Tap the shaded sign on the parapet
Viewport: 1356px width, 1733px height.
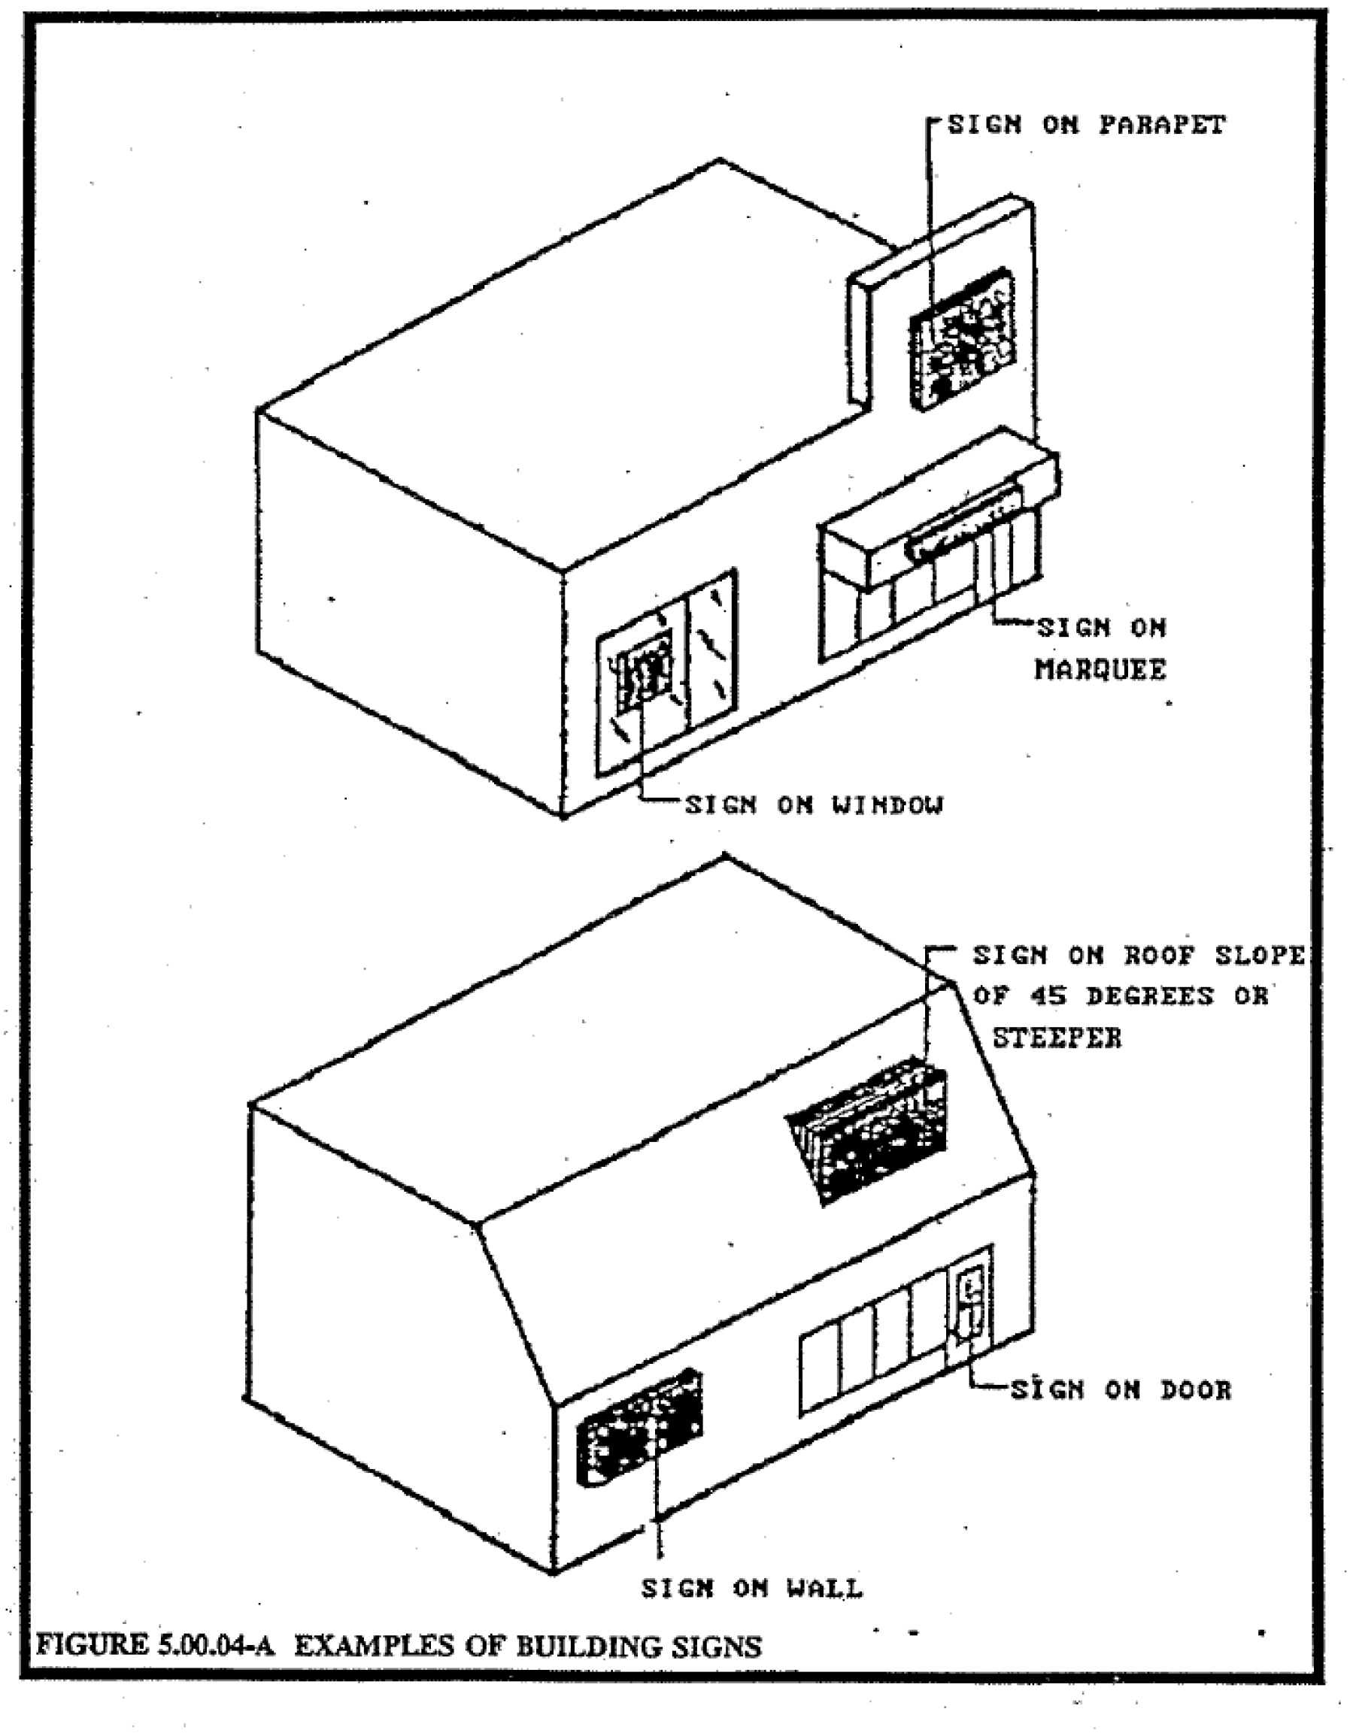click(962, 341)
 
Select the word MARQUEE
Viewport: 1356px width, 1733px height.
click(1100, 670)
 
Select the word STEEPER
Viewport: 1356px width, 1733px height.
click(1057, 1038)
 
